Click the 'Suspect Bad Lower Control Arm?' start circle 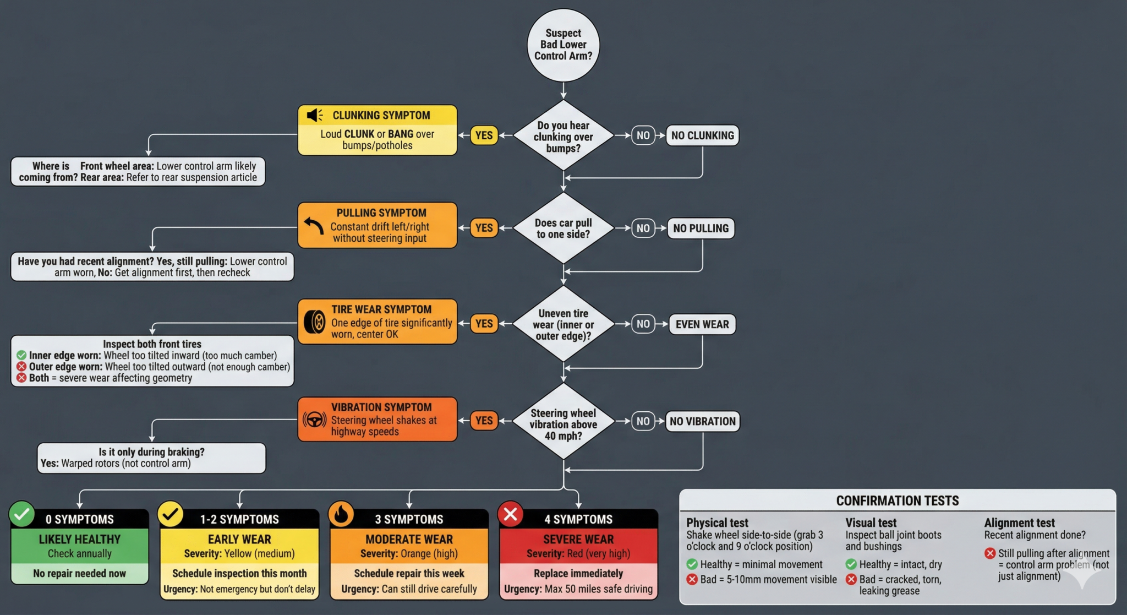point(563,45)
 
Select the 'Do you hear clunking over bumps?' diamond point(563,135)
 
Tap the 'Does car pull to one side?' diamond point(563,228)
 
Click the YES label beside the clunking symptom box point(484,135)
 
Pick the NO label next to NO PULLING point(643,228)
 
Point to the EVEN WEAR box point(702,324)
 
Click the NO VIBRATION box point(703,421)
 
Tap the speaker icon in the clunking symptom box point(315,115)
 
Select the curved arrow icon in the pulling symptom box point(314,226)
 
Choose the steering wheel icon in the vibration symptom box point(314,420)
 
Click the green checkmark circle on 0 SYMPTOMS point(22,514)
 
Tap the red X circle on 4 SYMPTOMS point(510,514)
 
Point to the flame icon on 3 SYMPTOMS point(341,514)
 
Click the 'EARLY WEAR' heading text point(239,540)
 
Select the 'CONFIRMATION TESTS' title point(898,500)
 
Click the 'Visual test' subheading point(871,523)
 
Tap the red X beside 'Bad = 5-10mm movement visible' point(692,579)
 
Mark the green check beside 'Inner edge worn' point(21,355)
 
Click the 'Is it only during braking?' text point(152,452)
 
